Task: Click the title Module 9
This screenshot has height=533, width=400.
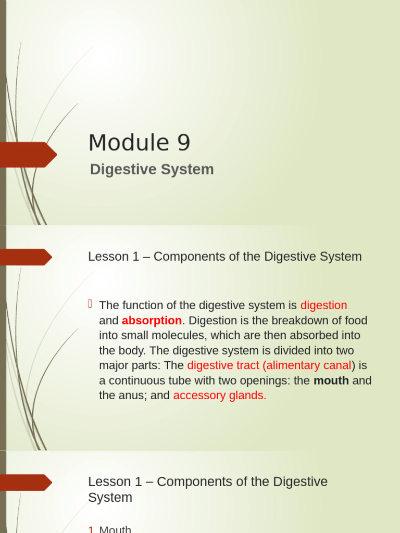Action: pyautogui.click(x=139, y=143)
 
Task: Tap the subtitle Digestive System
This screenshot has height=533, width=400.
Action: pyautogui.click(x=152, y=169)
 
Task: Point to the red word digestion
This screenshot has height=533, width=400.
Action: pyautogui.click(x=323, y=306)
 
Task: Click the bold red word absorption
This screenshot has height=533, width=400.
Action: pyautogui.click(x=152, y=321)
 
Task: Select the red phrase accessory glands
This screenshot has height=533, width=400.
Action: pyautogui.click(x=219, y=396)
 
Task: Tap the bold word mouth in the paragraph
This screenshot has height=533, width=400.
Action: pyautogui.click(x=331, y=380)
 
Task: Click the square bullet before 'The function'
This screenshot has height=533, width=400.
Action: pyautogui.click(x=90, y=304)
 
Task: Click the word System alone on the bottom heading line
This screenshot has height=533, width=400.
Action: pyautogui.click(x=110, y=497)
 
